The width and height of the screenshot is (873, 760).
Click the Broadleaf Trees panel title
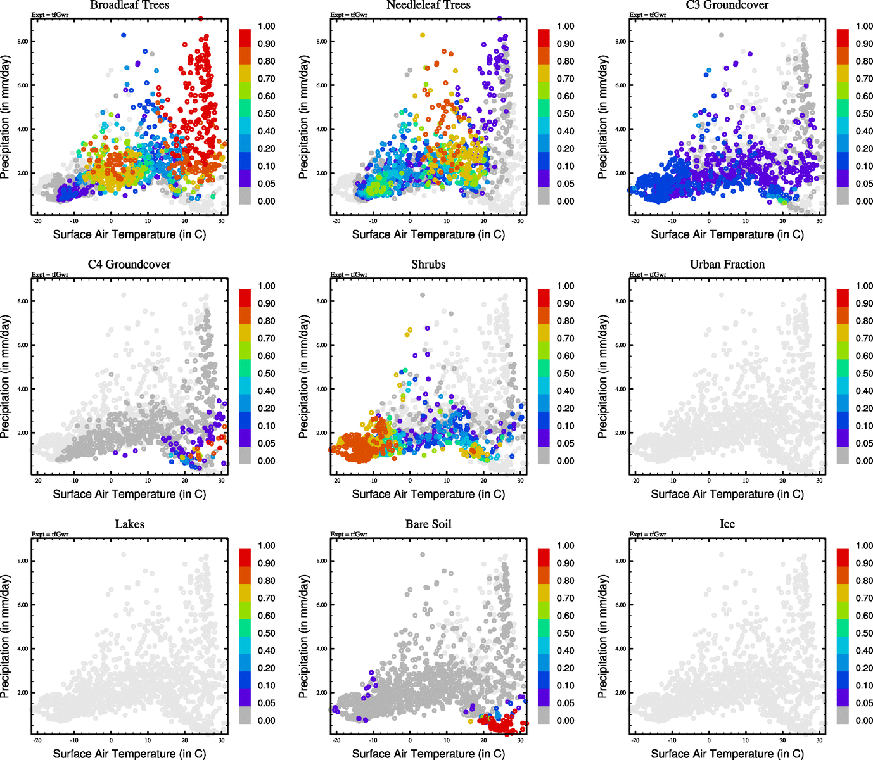point(129,5)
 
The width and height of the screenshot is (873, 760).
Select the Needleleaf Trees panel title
point(428,5)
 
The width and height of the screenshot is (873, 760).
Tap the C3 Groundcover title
point(727,5)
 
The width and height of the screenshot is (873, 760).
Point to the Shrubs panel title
point(428,265)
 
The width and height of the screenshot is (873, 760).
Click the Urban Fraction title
point(727,265)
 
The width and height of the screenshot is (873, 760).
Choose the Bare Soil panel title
point(428,524)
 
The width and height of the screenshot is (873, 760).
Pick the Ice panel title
point(727,524)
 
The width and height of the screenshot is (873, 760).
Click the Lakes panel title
point(129,524)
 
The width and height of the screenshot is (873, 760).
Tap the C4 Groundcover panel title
point(129,265)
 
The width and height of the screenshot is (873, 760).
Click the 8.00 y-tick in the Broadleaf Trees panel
point(22,42)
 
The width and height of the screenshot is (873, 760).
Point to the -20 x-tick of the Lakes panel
point(37,740)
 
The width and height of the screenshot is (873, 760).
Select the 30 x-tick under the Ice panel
point(820,740)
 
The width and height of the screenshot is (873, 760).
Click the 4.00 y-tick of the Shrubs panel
point(321,389)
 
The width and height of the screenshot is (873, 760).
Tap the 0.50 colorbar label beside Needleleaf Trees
point(566,114)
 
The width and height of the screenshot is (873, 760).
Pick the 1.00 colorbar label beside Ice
point(864,546)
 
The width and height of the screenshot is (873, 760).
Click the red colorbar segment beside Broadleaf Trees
point(245,37)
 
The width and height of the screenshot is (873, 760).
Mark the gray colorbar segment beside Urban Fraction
point(843,455)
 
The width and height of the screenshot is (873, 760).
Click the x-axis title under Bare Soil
point(428,754)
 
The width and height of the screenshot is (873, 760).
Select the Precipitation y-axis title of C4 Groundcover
point(6,377)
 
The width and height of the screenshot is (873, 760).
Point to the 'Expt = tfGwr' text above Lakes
point(50,535)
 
